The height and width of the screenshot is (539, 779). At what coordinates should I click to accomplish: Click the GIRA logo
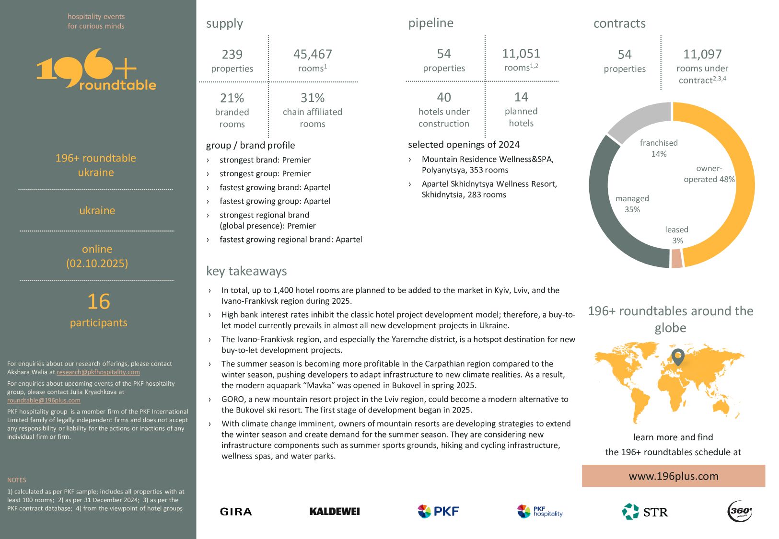[x=236, y=512]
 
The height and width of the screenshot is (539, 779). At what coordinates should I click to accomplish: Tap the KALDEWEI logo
[x=335, y=512]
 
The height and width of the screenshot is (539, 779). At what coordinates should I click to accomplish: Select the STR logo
[x=645, y=512]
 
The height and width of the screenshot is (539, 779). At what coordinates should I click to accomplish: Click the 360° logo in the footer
[x=740, y=511]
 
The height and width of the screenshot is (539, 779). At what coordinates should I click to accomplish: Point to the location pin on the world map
[x=677, y=356]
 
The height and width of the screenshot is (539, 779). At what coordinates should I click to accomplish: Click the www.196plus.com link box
[x=673, y=476]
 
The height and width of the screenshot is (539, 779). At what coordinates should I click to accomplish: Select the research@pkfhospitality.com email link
[x=98, y=372]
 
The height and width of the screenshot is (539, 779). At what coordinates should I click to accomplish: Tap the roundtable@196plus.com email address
[x=44, y=401]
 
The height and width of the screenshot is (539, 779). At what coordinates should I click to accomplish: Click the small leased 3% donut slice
[x=677, y=259]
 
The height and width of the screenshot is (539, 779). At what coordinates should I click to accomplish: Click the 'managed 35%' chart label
[x=632, y=204]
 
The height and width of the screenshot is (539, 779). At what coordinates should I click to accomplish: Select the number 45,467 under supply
[x=313, y=54]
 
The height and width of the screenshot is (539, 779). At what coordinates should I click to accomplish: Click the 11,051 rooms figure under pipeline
[x=521, y=53]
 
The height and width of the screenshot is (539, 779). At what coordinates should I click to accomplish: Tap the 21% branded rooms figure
[x=232, y=98]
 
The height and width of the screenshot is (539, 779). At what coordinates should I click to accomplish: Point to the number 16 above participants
[x=99, y=302]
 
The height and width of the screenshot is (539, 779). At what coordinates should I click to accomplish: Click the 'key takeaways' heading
[x=246, y=271]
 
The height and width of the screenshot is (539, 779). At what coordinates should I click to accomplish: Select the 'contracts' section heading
[x=619, y=23]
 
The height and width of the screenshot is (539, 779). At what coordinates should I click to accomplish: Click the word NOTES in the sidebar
[x=17, y=480]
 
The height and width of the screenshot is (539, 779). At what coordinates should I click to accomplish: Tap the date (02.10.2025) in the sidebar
[x=97, y=264]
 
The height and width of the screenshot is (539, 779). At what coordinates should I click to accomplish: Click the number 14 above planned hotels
[x=521, y=97]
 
